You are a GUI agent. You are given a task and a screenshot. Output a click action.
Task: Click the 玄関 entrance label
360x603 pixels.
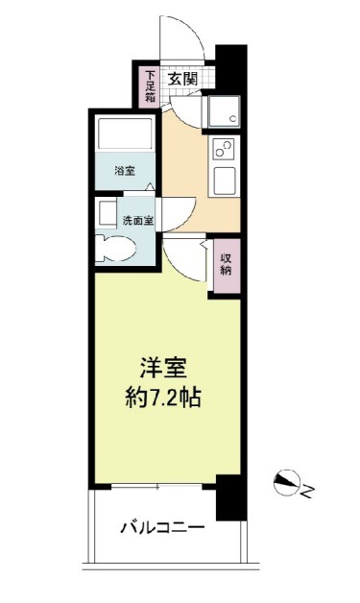point(183,79)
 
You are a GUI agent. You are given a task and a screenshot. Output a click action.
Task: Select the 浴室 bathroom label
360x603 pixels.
point(125,171)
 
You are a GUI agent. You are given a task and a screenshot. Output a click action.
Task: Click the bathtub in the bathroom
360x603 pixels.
point(125,133)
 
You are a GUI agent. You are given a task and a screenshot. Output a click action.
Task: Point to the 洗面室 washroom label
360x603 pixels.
point(138,221)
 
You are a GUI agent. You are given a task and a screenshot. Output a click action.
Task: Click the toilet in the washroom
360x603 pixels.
point(115,250)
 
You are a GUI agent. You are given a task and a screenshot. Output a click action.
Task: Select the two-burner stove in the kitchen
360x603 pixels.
point(225,149)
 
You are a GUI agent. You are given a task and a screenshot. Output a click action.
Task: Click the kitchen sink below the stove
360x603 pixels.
point(225,181)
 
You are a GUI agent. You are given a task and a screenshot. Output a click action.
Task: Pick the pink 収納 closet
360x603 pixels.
point(227,265)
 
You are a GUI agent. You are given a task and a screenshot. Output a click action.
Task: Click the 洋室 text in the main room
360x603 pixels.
point(163,369)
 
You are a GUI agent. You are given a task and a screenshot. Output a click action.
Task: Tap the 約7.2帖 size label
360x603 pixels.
point(163,398)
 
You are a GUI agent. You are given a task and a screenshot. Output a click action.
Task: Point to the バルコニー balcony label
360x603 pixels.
point(162,527)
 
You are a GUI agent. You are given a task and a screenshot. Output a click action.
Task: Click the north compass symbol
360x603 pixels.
point(286,482)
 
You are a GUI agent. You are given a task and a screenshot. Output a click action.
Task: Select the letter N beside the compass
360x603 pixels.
point(308,491)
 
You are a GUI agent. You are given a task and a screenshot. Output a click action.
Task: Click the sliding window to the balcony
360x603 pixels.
point(156,487)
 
